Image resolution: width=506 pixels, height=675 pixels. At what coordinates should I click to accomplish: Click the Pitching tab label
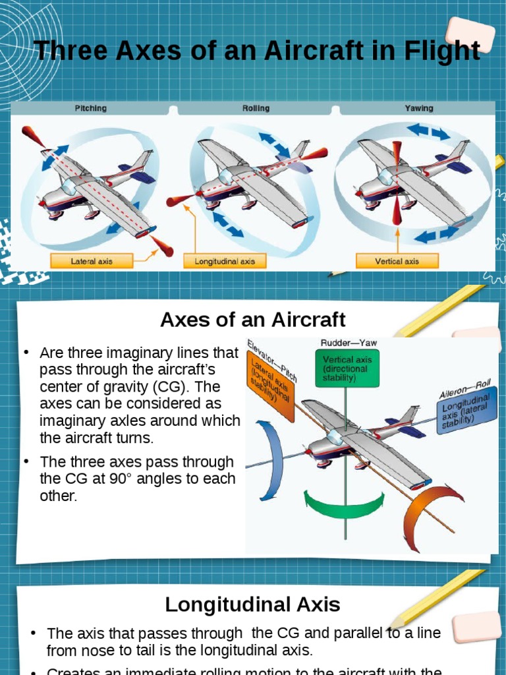click(x=90, y=108)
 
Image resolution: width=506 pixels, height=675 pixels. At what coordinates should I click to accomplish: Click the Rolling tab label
click(x=256, y=108)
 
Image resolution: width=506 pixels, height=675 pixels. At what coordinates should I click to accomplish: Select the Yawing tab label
click(x=418, y=108)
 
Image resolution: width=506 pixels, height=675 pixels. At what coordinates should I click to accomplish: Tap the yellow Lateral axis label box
click(x=92, y=262)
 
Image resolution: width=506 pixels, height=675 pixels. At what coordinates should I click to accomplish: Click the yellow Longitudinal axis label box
click(x=225, y=262)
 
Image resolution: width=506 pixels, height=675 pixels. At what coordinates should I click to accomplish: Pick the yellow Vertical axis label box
click(x=397, y=262)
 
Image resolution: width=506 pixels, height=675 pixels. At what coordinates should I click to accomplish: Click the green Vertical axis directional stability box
click(x=347, y=368)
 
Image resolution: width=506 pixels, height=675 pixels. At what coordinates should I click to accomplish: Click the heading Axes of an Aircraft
click(x=253, y=320)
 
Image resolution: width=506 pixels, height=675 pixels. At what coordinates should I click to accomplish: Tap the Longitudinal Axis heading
click(x=253, y=604)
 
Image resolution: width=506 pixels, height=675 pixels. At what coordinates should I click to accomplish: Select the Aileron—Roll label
click(x=464, y=388)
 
